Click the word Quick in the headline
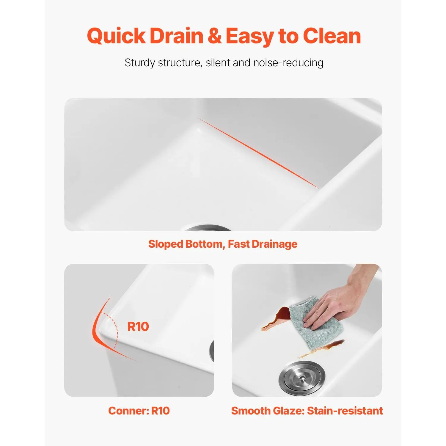116,36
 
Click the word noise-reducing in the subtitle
288,63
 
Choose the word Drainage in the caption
274,244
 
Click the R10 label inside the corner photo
138,326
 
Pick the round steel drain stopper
302,378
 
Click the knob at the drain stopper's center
302,377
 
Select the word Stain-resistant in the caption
345,411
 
